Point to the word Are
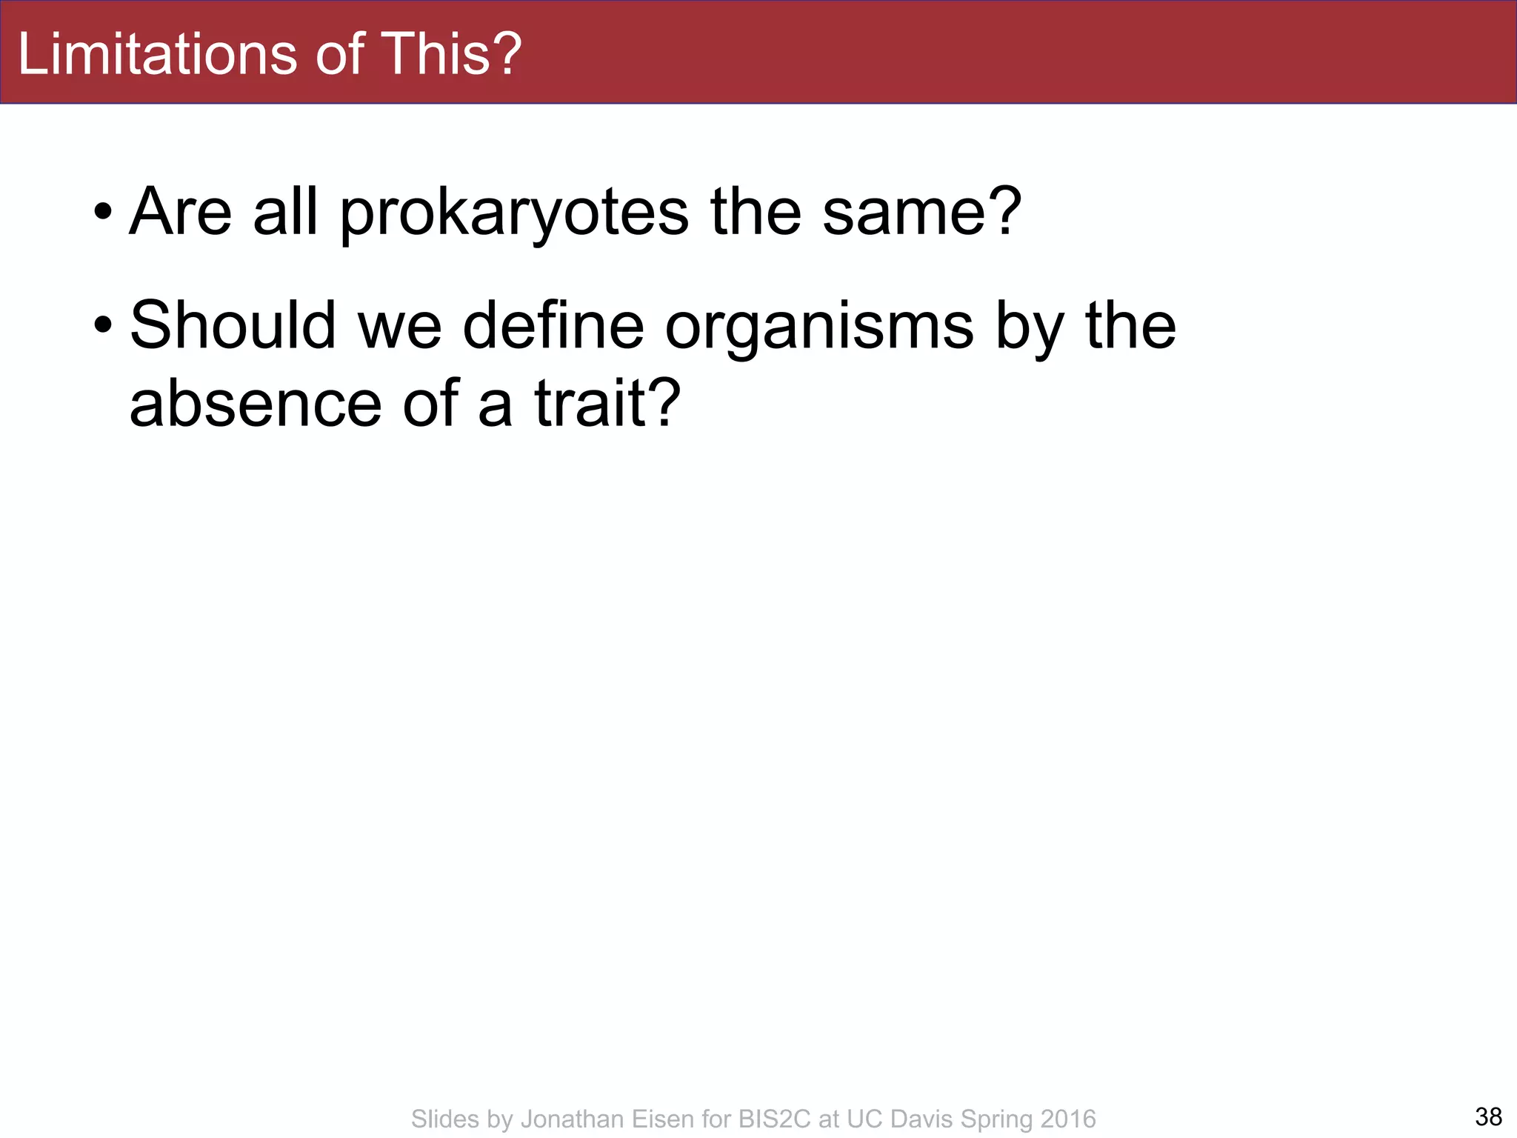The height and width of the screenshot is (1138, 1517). tap(181, 213)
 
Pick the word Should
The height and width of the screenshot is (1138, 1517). tap(233, 326)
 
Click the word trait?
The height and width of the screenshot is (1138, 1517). tap(607, 404)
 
